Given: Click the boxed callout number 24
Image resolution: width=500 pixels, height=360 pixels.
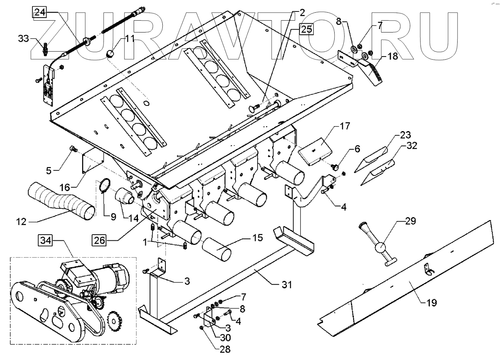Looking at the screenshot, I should pos(40,13).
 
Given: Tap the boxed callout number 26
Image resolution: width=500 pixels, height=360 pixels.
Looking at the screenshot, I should pos(99,240).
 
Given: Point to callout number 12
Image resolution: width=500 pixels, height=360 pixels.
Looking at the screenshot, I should pos(21,221).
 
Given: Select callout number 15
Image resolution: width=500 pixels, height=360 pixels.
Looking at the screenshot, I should pos(257,238).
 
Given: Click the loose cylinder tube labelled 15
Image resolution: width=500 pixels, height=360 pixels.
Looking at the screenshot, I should pos(217,249).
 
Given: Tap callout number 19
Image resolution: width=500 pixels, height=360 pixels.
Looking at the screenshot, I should pos(432,303).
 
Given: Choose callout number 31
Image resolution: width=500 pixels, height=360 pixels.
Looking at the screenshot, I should pos(286,284).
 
